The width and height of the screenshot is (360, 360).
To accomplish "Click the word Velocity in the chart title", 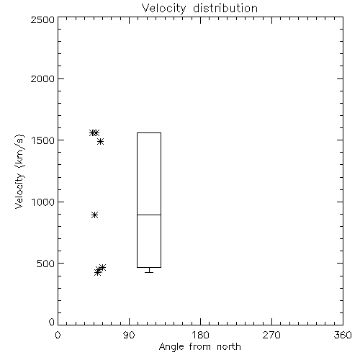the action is (x=163, y=9).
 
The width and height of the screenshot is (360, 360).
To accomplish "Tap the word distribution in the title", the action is (x=225, y=8).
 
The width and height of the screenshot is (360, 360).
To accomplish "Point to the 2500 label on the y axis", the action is (x=42, y=19).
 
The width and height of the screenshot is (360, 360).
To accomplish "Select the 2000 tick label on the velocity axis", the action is (x=42, y=78).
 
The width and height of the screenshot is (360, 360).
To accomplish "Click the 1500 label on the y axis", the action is (x=43, y=140).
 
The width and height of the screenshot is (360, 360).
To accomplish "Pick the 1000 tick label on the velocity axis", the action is (x=43, y=202).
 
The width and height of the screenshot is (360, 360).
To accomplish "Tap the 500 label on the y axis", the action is (x=46, y=264).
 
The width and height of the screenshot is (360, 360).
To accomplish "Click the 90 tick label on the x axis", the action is (x=129, y=335).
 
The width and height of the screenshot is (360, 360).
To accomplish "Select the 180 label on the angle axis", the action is (x=200, y=335).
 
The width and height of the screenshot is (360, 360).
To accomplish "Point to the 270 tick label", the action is (x=271, y=335).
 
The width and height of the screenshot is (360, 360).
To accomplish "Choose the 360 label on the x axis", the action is (x=343, y=335).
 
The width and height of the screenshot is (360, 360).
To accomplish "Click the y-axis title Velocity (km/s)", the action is (x=19, y=171).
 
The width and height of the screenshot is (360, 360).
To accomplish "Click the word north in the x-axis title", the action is (x=229, y=347).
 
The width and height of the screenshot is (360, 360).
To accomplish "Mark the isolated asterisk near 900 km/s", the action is (x=95, y=215).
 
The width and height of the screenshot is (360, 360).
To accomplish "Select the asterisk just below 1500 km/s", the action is (x=101, y=141).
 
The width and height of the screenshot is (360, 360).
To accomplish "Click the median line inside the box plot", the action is (x=149, y=215).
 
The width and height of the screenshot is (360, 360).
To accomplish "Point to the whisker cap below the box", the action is (x=149, y=272).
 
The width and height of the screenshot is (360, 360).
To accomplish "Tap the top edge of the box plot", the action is (x=149, y=132).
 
